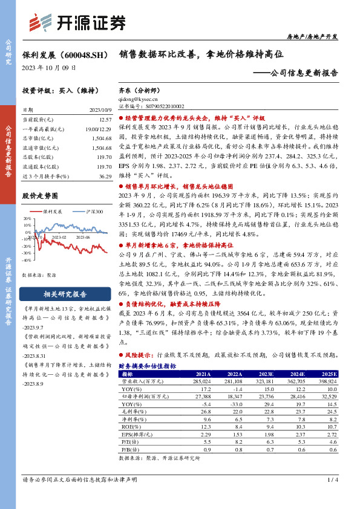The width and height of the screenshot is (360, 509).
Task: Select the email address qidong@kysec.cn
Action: pyautogui.click(x=139, y=98)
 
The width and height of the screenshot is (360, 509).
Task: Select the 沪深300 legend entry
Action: pyautogui.click(x=94, y=212)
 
